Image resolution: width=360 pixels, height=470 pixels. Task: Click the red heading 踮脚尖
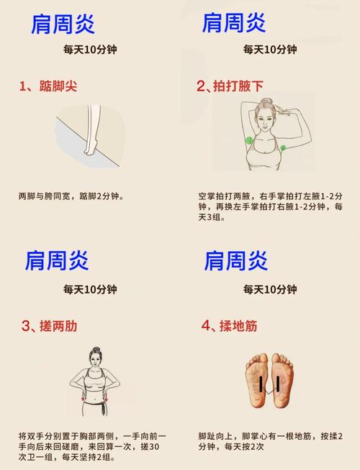65,86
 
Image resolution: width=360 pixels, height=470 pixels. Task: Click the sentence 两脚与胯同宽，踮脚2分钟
71,195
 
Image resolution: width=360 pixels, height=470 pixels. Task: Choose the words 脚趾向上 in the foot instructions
215,436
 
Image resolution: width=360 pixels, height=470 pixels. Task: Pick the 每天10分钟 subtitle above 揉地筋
269,289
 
